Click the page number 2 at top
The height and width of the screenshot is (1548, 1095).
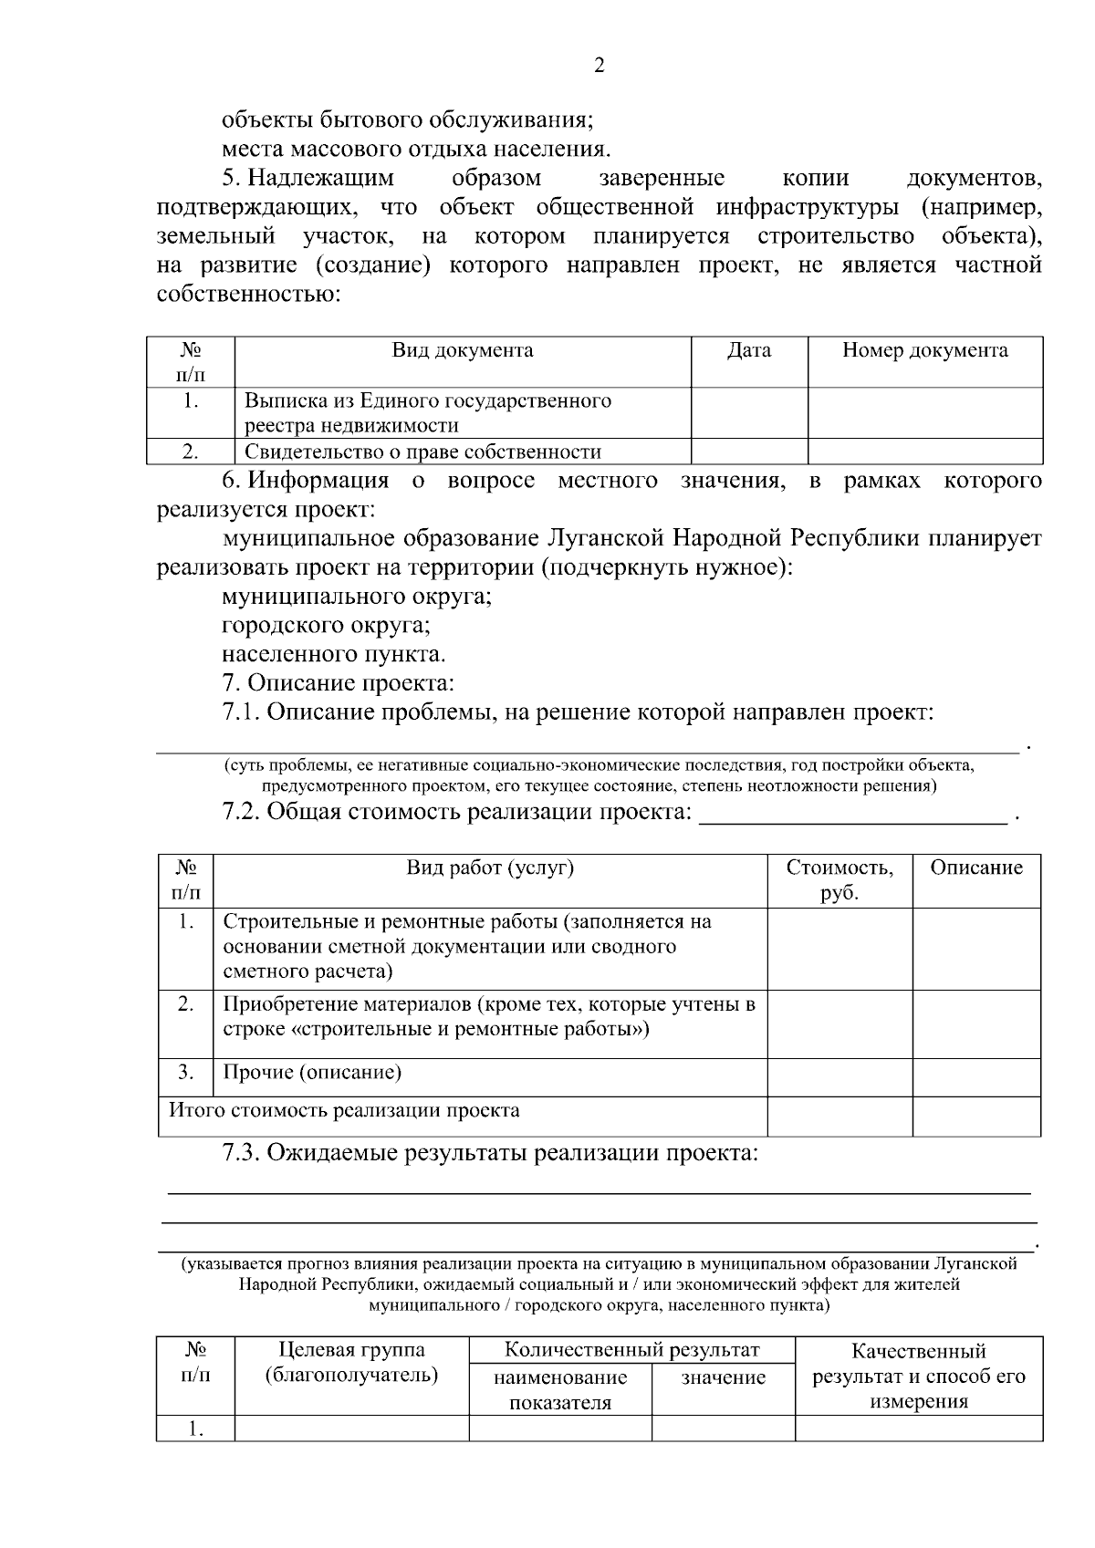(600, 66)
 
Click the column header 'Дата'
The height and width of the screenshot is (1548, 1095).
(748, 351)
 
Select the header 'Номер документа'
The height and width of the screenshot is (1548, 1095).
(924, 351)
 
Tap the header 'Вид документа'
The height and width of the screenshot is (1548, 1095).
(463, 351)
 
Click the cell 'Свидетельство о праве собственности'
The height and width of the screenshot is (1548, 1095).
(422, 452)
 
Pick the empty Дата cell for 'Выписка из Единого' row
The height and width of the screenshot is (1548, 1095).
(748, 413)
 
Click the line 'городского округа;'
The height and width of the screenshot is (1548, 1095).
(326, 626)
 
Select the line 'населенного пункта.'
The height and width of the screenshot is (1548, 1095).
(334, 655)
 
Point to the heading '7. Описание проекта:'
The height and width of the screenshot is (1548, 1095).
(338, 683)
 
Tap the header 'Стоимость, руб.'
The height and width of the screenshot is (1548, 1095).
(839, 880)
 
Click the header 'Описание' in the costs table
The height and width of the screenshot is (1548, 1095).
(976, 868)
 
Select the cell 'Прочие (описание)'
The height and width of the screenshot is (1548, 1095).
(312, 1073)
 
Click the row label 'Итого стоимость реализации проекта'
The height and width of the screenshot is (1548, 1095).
(345, 1111)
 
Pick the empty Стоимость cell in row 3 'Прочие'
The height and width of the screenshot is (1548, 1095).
(839, 1077)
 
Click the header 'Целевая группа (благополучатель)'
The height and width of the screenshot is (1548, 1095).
(351, 1363)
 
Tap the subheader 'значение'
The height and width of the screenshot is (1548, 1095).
(723, 1378)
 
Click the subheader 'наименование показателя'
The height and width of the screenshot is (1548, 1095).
(560, 1390)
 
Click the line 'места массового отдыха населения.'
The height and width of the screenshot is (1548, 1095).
(416, 149)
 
